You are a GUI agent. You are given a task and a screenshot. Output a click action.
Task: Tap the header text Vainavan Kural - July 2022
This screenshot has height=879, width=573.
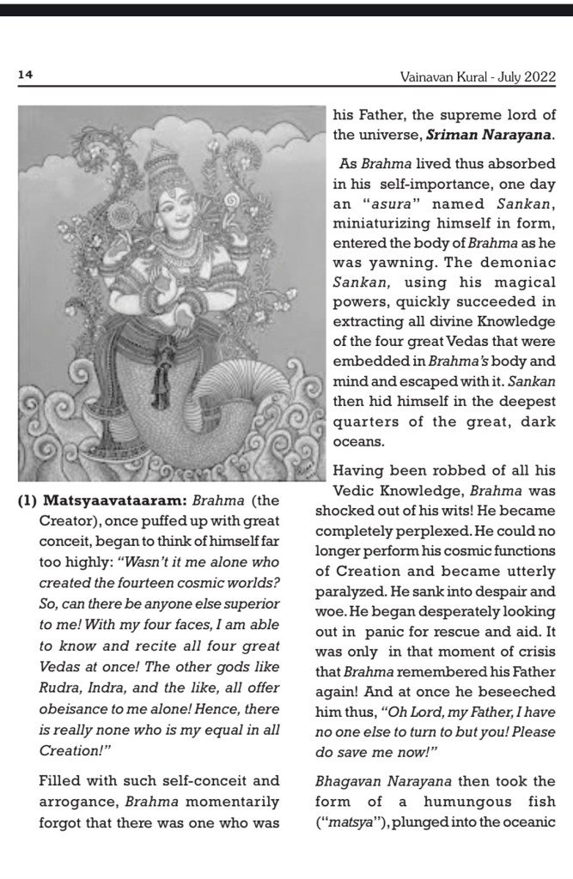(478, 76)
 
